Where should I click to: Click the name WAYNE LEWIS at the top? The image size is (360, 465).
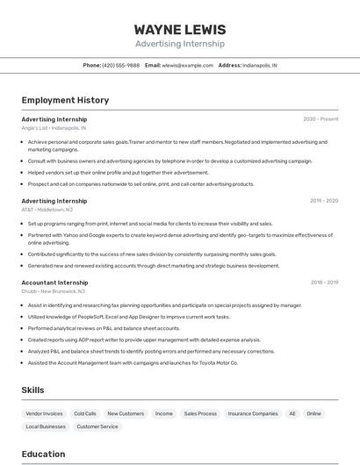coord(180,30)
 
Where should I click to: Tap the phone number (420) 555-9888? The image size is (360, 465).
coord(120,65)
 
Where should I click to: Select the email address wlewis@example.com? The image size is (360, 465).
coord(188,65)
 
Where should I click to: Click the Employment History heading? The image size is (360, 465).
coord(65,100)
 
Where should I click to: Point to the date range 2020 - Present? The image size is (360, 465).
coord(320,118)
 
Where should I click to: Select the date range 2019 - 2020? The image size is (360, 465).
coord(324,200)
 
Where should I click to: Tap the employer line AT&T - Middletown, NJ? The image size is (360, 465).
coord(47,210)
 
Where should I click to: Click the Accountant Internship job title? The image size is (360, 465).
coord(54,283)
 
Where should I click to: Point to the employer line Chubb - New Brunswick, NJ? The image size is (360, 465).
coord(54,291)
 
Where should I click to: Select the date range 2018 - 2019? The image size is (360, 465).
coord(324,283)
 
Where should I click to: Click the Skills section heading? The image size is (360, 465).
coord(33,390)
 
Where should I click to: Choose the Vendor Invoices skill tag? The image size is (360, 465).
coord(45,413)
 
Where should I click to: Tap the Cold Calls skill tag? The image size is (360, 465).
coord(85,413)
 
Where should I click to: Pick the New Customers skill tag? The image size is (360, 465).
coord(126,413)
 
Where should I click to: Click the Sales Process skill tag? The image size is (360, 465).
coord(200,413)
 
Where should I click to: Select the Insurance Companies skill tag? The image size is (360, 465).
coord(253,413)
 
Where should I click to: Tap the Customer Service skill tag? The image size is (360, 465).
coord(97,426)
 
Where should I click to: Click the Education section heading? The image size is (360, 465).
coord(43,454)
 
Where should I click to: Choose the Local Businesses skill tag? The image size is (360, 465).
coord(46,426)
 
